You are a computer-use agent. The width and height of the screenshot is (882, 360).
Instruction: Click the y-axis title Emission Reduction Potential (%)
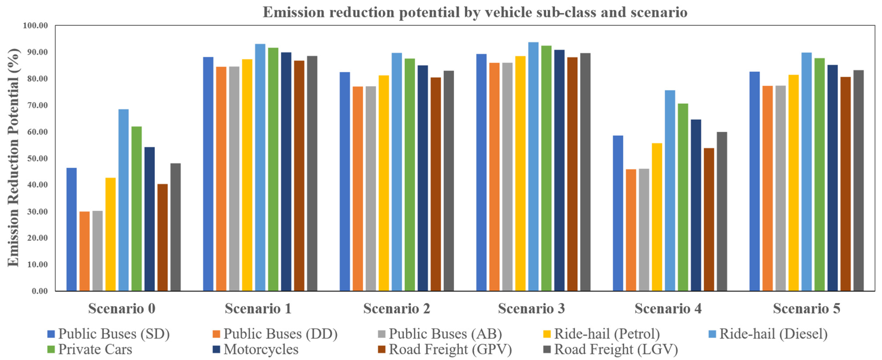click(14, 157)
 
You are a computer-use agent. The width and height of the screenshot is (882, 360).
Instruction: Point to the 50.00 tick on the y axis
click(38, 159)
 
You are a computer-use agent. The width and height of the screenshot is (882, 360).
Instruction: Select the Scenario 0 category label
click(122, 309)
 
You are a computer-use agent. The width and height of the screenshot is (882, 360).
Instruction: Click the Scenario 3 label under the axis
click(531, 309)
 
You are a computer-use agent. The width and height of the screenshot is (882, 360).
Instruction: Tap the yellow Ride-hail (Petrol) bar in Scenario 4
click(657, 217)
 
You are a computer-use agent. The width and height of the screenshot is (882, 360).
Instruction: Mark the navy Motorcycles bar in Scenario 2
click(423, 178)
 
